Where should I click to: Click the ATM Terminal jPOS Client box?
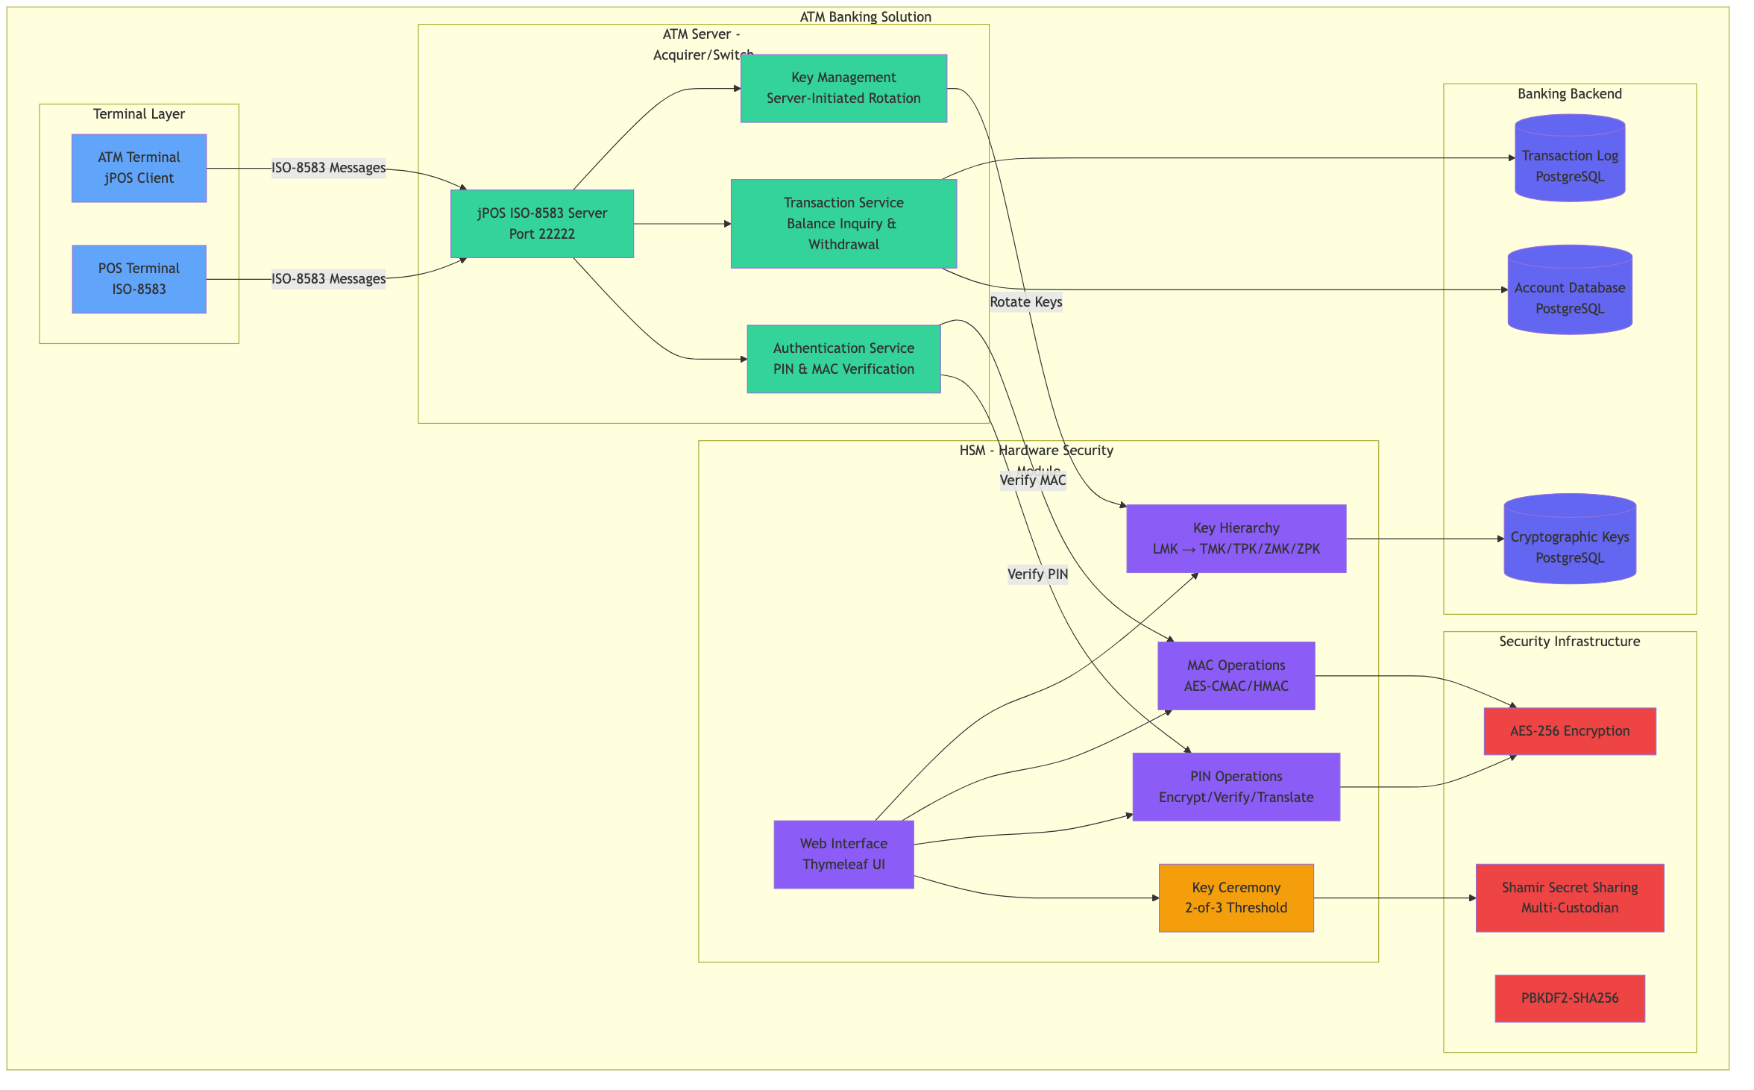coord(139,168)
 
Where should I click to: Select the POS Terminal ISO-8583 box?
coord(139,279)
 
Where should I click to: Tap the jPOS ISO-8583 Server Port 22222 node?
coord(542,224)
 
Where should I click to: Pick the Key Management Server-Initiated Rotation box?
coord(843,88)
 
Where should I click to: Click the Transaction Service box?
coord(843,224)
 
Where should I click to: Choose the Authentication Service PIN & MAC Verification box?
coord(843,359)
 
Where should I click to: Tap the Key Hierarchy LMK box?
coord(1236,539)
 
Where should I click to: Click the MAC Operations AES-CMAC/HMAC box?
coord(1236,676)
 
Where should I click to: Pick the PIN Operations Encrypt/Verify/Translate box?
coord(1236,787)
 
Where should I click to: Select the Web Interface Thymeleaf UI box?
coord(843,854)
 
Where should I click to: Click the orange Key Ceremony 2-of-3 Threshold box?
coord(1236,898)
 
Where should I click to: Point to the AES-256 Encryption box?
coord(1570,731)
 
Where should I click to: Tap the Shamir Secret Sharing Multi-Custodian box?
coord(1570,898)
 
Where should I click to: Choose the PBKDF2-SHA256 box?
coord(1570,998)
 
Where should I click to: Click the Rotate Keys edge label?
coord(1026,302)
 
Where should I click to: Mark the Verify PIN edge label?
coord(1037,574)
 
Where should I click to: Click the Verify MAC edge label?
coord(1033,480)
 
